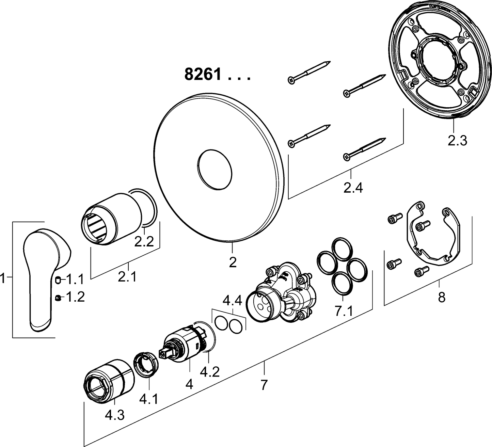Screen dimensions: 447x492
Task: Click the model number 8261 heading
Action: coord(203,74)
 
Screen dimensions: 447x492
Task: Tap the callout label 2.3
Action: coord(457,140)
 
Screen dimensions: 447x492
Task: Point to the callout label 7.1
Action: coord(343,310)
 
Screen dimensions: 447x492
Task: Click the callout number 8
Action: coord(441,297)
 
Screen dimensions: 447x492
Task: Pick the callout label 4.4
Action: coord(232,301)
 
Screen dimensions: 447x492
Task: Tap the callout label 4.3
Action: coord(114,415)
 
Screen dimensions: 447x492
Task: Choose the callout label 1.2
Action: coord(75,297)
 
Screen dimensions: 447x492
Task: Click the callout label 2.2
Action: coord(144,242)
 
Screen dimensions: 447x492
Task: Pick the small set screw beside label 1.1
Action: coord(58,280)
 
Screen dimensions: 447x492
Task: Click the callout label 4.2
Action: coord(209,372)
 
